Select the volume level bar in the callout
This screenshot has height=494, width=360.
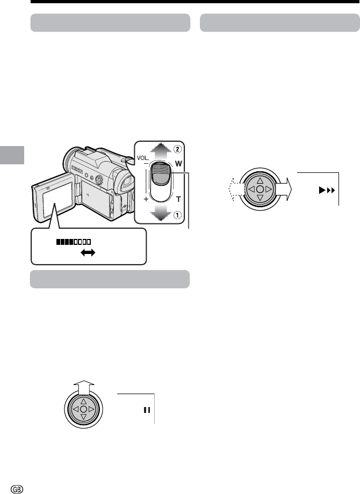(x=72, y=242)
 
